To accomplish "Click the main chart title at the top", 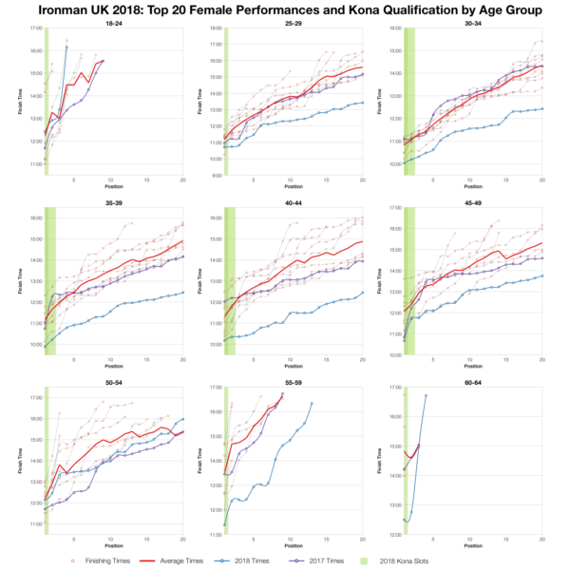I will (285, 9).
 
